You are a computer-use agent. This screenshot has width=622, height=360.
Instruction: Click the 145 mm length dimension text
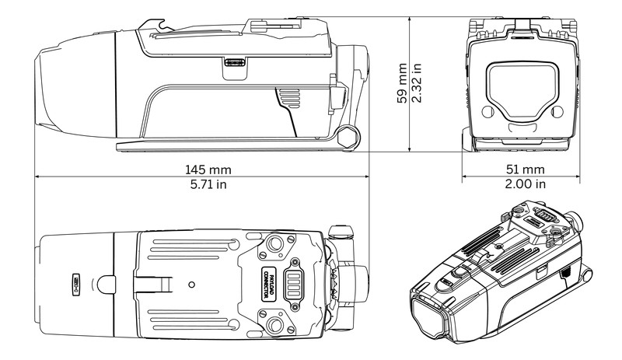click(208, 170)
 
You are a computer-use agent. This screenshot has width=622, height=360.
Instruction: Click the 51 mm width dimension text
click(522, 170)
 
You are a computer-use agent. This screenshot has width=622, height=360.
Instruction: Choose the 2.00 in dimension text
click(522, 184)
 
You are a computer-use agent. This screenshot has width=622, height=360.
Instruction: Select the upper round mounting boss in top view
click(274, 246)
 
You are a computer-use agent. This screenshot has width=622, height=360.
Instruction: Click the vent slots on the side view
click(288, 100)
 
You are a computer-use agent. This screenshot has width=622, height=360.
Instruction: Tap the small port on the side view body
click(233, 64)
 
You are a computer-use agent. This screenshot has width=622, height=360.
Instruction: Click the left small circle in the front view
click(487, 114)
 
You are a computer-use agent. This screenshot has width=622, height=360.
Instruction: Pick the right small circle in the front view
click(557, 114)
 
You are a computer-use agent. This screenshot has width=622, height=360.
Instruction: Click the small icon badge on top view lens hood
click(78, 283)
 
